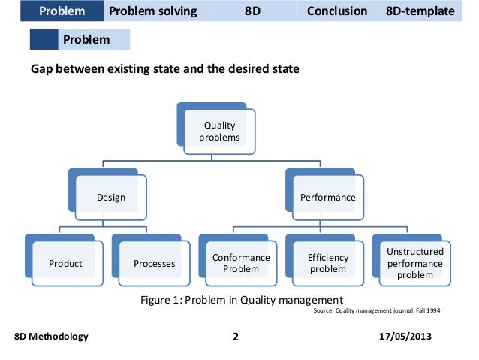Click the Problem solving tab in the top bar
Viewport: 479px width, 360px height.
pyautogui.click(x=153, y=11)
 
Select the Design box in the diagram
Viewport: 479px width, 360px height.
pyautogui.click(x=110, y=198)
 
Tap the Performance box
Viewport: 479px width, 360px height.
pyautogui.click(x=327, y=198)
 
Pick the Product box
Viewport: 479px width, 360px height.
pyautogui.click(x=65, y=264)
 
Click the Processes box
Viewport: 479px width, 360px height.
pyautogui.click(x=154, y=264)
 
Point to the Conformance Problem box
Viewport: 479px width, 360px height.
pyautogui.click(x=240, y=263)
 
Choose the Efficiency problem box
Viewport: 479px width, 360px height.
pyautogui.click(x=327, y=263)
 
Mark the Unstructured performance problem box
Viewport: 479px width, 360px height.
pyautogui.click(x=414, y=263)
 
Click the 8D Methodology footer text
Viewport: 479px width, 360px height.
pyautogui.click(x=51, y=336)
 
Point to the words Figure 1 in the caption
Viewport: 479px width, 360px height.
pyautogui.click(x=160, y=299)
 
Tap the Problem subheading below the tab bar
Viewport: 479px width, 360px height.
pyautogui.click(x=86, y=39)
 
